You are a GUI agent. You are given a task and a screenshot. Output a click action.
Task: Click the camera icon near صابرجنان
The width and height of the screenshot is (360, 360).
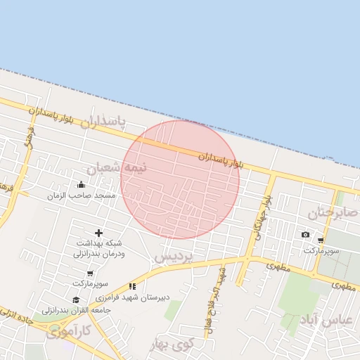pyautogui.click(x=305, y=235)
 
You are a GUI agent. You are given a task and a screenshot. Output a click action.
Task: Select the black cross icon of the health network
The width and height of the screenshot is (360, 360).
pyautogui.click(x=98, y=233)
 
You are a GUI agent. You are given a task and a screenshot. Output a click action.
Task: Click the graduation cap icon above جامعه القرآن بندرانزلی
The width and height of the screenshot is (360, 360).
pyautogui.click(x=77, y=300)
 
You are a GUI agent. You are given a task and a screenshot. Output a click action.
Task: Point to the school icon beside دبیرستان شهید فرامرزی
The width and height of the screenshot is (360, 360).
pyautogui.click(x=132, y=286)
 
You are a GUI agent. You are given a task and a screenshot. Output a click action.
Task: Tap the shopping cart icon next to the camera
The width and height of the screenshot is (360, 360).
pyautogui.click(x=321, y=240)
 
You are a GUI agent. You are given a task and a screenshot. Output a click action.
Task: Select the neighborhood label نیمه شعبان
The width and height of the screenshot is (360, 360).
pyautogui.click(x=117, y=168)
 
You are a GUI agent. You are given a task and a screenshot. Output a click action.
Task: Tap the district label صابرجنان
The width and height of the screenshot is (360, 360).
pyautogui.click(x=327, y=212)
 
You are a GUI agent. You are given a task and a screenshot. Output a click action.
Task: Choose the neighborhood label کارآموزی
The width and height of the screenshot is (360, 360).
pyautogui.click(x=69, y=330)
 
